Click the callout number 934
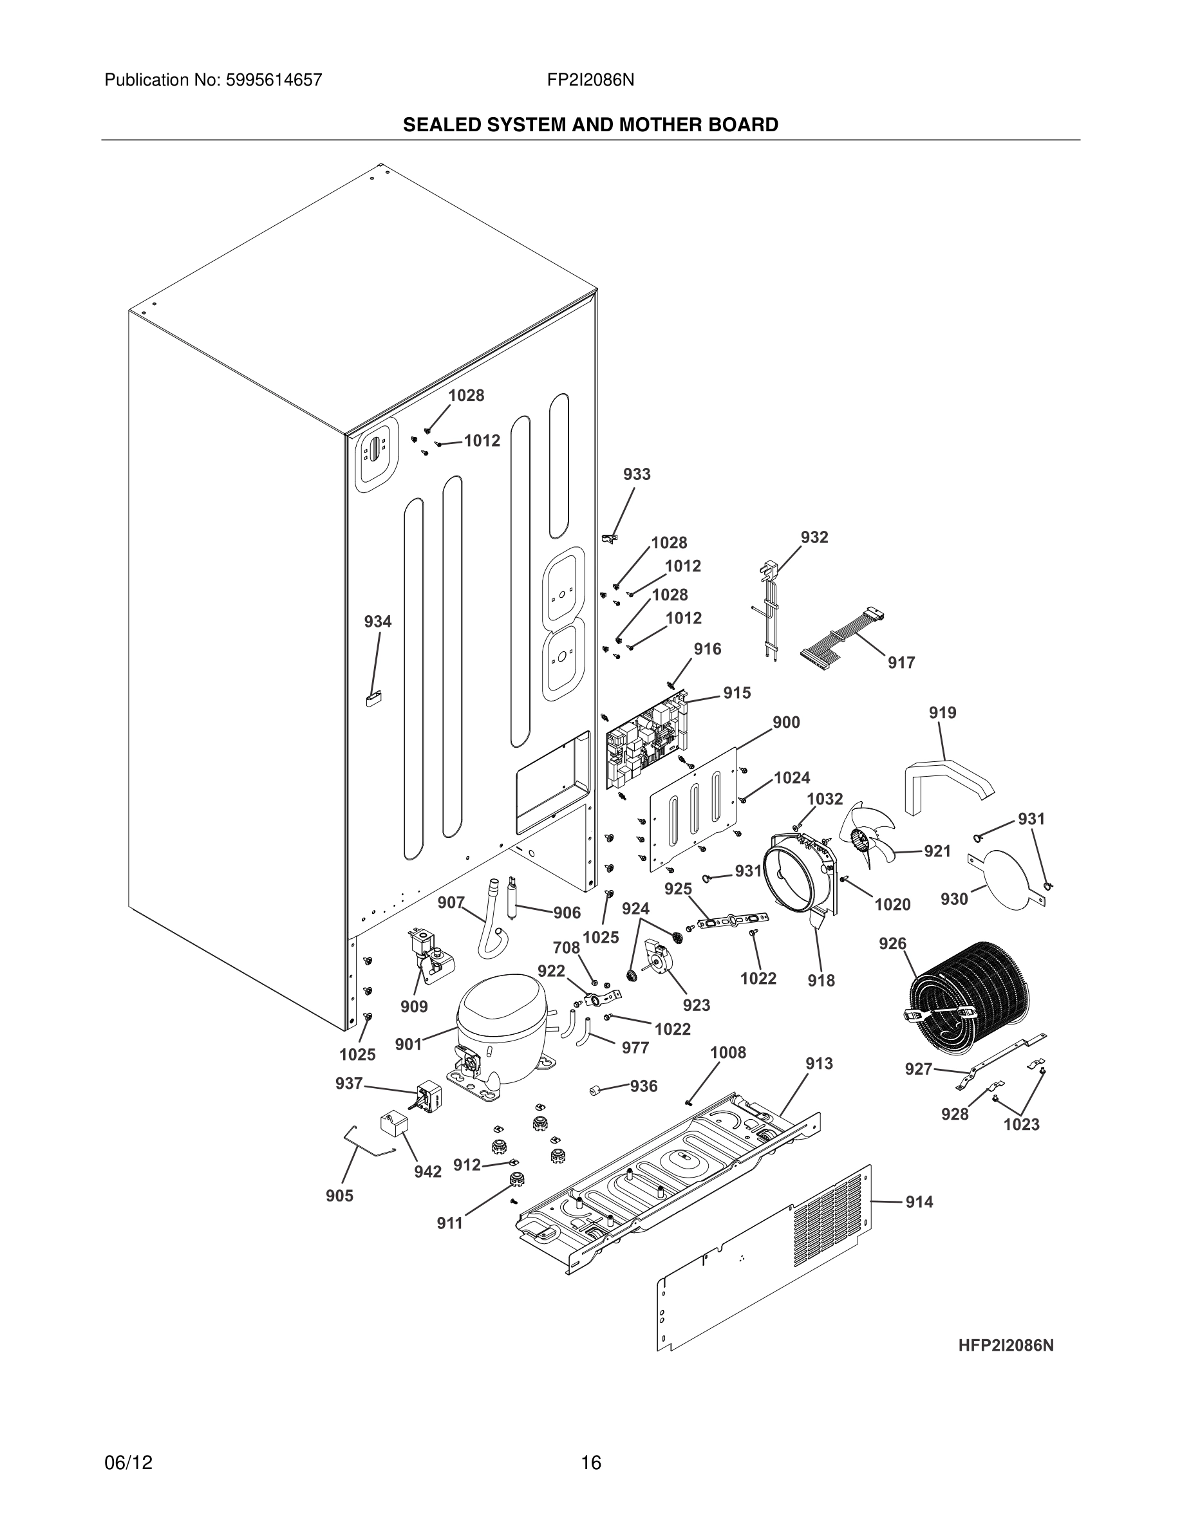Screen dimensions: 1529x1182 click(377, 622)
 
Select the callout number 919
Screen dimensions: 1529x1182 click(943, 712)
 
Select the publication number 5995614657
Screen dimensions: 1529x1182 click(274, 80)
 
